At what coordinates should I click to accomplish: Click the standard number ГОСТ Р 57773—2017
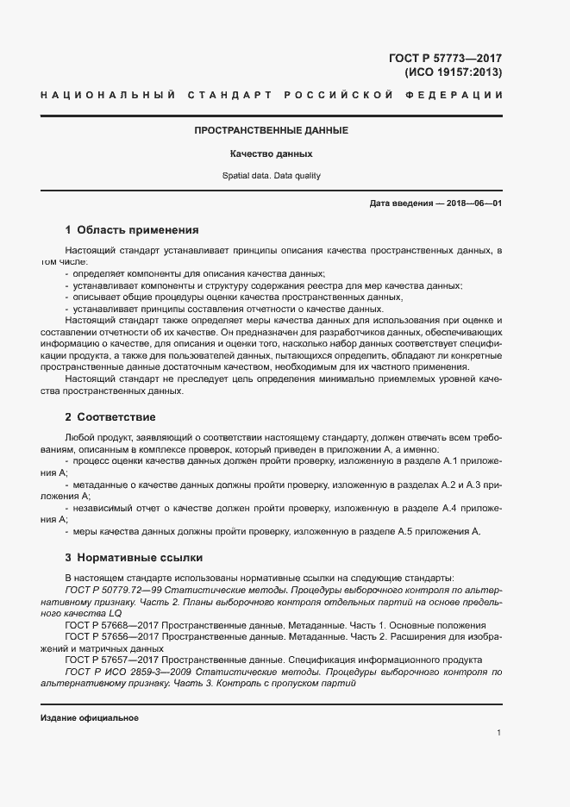(446, 59)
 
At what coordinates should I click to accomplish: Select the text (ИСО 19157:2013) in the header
(453, 73)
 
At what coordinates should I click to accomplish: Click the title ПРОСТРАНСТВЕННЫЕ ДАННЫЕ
(271, 130)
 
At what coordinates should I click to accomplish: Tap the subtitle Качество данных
(271, 154)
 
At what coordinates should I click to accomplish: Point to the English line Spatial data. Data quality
(271, 176)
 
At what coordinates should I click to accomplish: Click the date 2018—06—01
(473, 203)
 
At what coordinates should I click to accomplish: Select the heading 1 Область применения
(132, 230)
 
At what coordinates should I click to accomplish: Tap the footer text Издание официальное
(90, 717)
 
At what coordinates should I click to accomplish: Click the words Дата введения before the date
(403, 203)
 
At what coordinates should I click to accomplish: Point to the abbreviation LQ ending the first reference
(116, 613)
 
